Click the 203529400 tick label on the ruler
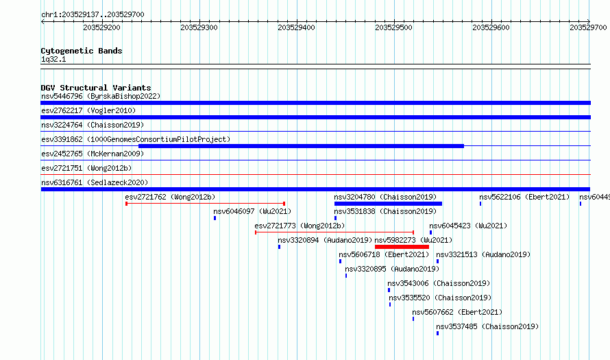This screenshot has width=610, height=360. (x=297, y=27)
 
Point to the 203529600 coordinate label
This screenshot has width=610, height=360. (x=491, y=27)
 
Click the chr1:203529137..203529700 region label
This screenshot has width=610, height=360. (x=93, y=15)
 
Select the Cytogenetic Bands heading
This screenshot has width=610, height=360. (x=82, y=51)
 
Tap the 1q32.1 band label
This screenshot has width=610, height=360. (x=53, y=59)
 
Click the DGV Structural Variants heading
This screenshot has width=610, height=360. (x=96, y=88)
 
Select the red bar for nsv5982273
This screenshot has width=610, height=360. (x=402, y=247)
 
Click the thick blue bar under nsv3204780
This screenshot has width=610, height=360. (x=388, y=204)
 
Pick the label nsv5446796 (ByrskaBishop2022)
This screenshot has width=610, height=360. (x=101, y=96)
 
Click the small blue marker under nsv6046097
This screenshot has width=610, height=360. (x=215, y=218)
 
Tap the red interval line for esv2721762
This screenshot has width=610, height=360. (x=206, y=204)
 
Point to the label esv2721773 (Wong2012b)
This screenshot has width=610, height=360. (x=300, y=226)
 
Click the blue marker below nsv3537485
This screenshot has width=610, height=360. (x=438, y=333)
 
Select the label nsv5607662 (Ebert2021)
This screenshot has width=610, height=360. (x=457, y=312)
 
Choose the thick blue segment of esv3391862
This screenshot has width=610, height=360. (x=301, y=146)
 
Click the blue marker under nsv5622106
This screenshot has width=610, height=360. (x=480, y=204)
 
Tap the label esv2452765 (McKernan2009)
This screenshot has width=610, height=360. (x=93, y=154)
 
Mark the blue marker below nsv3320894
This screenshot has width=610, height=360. (x=280, y=247)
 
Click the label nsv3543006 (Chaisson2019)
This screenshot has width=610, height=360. (x=439, y=283)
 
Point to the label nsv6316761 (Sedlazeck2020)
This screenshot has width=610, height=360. (x=95, y=182)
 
